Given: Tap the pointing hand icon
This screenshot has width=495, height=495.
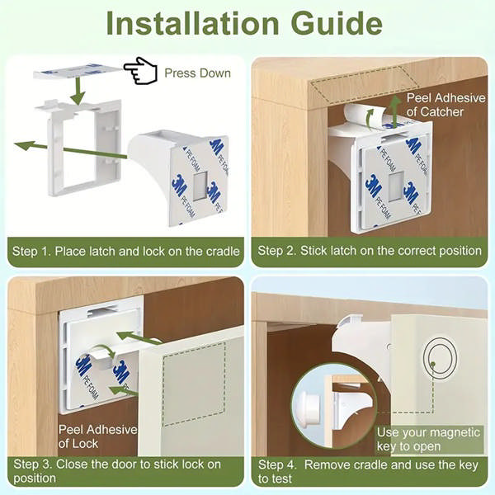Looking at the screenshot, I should [x=140, y=71].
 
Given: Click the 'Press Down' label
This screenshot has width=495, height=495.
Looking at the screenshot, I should [x=197, y=73].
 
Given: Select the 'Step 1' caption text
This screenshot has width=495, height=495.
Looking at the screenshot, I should [x=125, y=251].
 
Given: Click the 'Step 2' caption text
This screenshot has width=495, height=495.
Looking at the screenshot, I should [x=370, y=251].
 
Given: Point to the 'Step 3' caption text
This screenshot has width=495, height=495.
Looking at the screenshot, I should [x=115, y=470].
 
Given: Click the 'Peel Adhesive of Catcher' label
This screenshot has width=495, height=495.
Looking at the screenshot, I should [x=446, y=104].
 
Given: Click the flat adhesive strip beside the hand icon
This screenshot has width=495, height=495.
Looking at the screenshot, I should [x=78, y=72].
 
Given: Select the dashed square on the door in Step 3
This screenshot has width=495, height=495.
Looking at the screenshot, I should [x=194, y=384].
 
